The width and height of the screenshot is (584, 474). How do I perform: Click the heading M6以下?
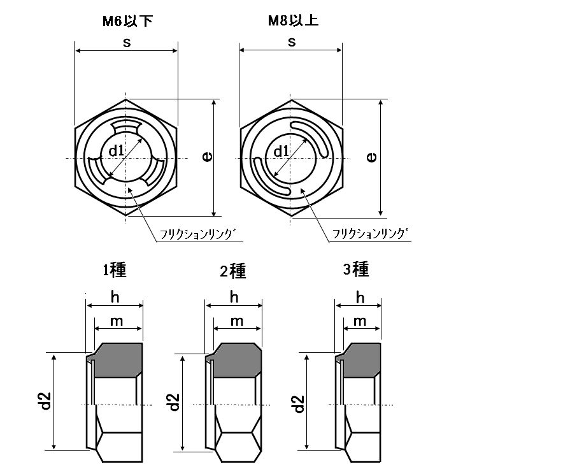pos(127,21)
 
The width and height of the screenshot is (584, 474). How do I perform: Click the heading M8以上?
pos(293,20)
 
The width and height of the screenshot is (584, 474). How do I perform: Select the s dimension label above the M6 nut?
pos(127,43)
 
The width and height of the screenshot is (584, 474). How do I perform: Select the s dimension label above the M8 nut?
pos(292,42)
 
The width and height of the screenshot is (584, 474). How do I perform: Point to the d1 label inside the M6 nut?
pos(116,151)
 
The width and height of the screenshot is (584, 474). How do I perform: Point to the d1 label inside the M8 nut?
pos(281,151)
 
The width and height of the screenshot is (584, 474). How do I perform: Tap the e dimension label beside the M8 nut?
pos(371,157)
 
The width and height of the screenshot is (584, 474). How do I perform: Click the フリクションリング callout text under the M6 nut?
pos(198,234)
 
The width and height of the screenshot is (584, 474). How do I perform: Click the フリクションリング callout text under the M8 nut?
pos(370,233)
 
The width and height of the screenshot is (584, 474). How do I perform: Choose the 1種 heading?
pos(115,269)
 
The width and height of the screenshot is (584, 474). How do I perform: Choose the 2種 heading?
pos(233,271)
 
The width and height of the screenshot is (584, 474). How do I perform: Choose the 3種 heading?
pos(356,269)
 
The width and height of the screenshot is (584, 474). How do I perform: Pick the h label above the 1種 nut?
pos(115,298)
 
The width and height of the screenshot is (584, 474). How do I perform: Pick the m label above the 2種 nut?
pos(237,321)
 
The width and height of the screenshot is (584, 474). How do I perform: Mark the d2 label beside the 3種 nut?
pos(299,404)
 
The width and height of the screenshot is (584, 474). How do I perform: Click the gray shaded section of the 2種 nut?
pos(236,360)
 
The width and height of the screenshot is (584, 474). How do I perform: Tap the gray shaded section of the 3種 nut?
pos(360,360)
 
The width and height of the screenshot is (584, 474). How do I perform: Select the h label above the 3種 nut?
pos(360,298)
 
